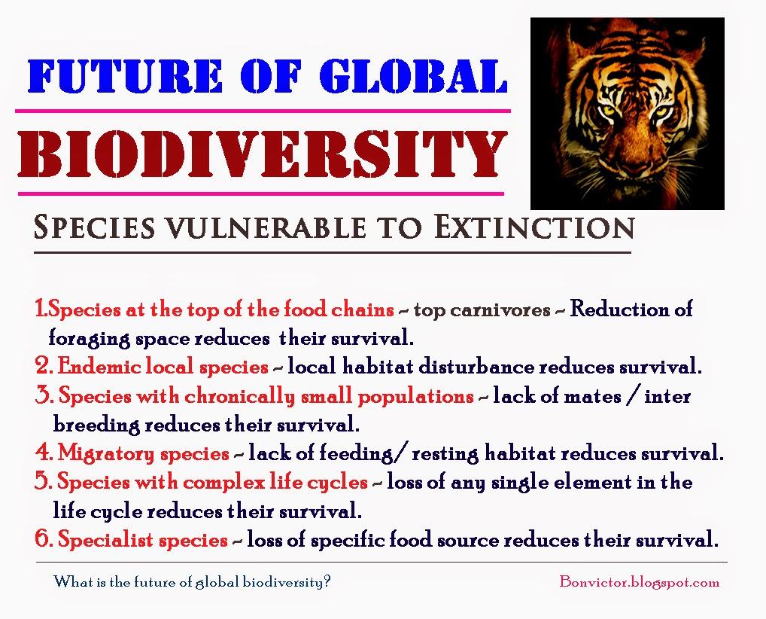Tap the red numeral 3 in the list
(43, 396)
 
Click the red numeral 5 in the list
(42, 482)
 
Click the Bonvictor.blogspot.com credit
(639, 582)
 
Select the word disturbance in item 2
(503, 367)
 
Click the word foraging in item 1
(80, 338)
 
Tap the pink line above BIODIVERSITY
(263, 111)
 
